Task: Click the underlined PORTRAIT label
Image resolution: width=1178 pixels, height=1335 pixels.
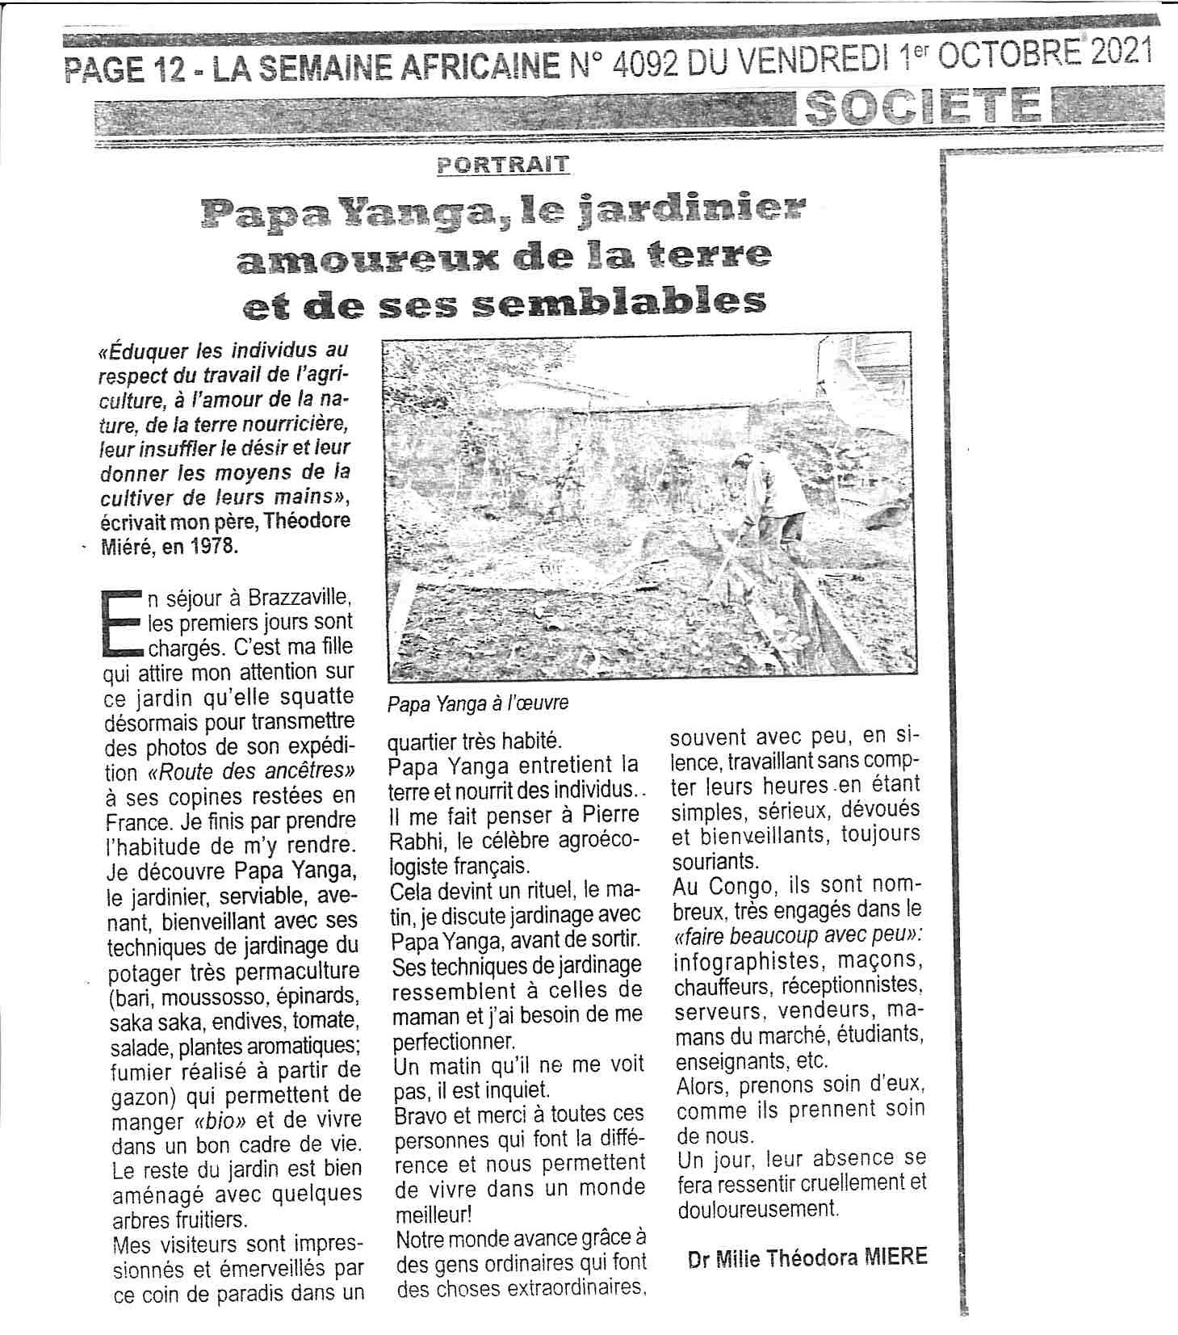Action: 502,165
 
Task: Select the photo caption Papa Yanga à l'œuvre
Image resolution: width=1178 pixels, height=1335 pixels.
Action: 478,703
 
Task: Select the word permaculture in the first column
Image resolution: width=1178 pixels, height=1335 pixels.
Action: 302,971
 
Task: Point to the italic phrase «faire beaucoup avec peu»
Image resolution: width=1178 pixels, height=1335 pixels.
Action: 797,935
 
